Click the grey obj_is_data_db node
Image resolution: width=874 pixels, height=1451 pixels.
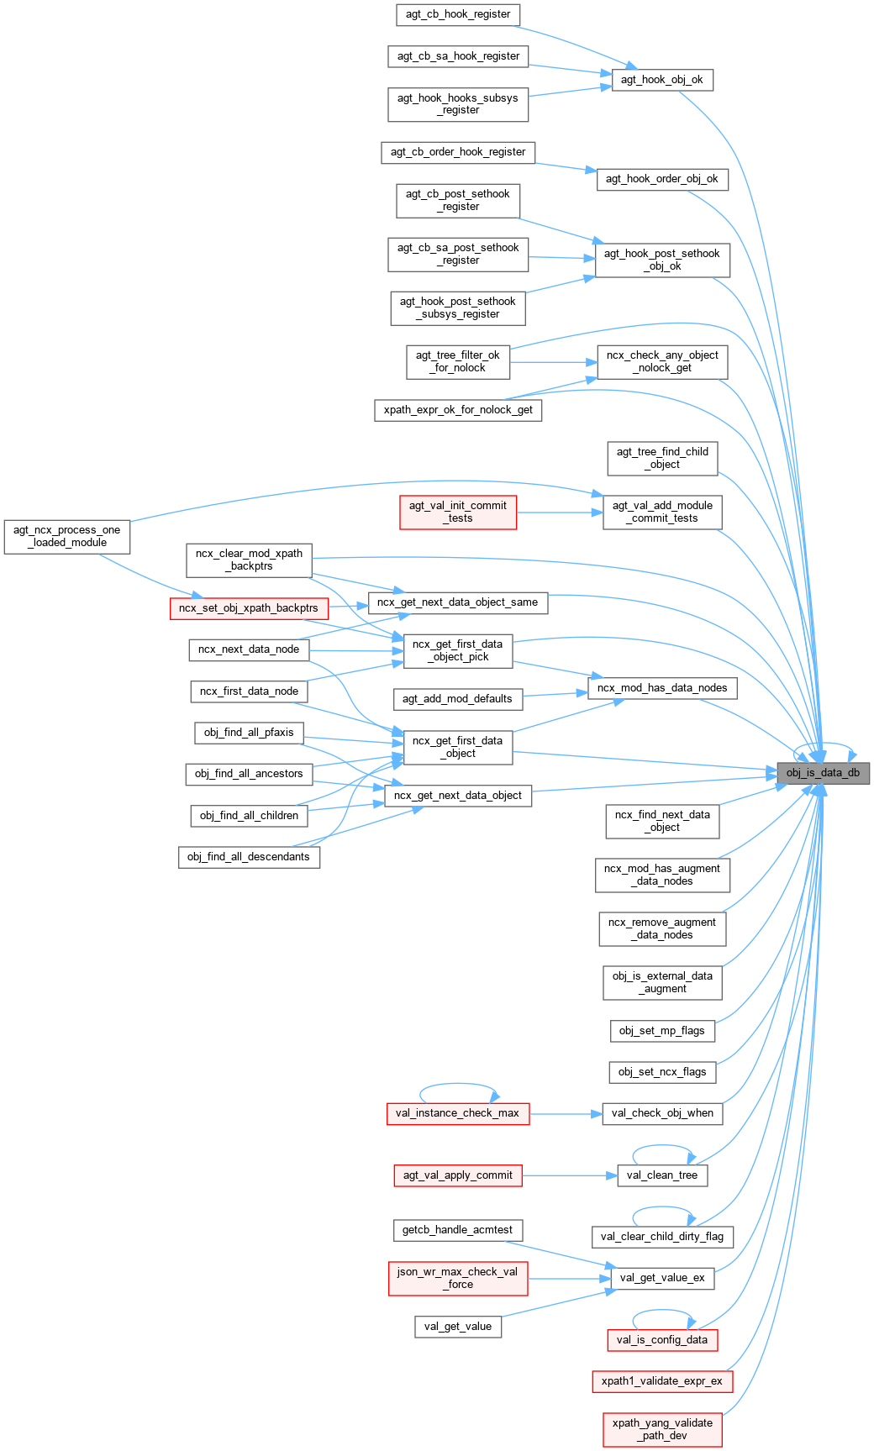click(x=823, y=773)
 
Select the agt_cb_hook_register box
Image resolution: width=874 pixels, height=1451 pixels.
click(x=458, y=14)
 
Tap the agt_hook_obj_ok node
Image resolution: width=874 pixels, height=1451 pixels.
click(x=662, y=80)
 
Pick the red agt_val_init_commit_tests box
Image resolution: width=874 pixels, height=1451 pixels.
click(x=458, y=512)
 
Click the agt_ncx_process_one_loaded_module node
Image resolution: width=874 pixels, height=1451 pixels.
click(x=67, y=536)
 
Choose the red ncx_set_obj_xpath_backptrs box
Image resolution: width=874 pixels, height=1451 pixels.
click(x=248, y=608)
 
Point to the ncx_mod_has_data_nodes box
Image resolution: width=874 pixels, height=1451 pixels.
click(x=662, y=688)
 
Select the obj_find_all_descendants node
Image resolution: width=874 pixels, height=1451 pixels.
click(x=249, y=857)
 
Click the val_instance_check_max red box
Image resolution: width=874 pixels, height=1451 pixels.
click(x=458, y=1113)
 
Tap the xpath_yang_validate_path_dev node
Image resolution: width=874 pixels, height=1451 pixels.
click(x=662, y=1429)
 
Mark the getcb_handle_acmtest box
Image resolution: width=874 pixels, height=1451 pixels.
click(x=458, y=1230)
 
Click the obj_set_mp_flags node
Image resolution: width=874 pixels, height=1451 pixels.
click(x=662, y=1031)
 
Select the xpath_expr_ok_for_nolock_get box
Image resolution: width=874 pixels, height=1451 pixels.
click(x=458, y=410)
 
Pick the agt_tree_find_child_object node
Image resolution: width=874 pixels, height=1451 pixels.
click(x=662, y=458)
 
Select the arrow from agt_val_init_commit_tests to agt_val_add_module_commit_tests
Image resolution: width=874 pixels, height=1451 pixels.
click(x=560, y=512)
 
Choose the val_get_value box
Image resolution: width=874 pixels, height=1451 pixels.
click(x=458, y=1327)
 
